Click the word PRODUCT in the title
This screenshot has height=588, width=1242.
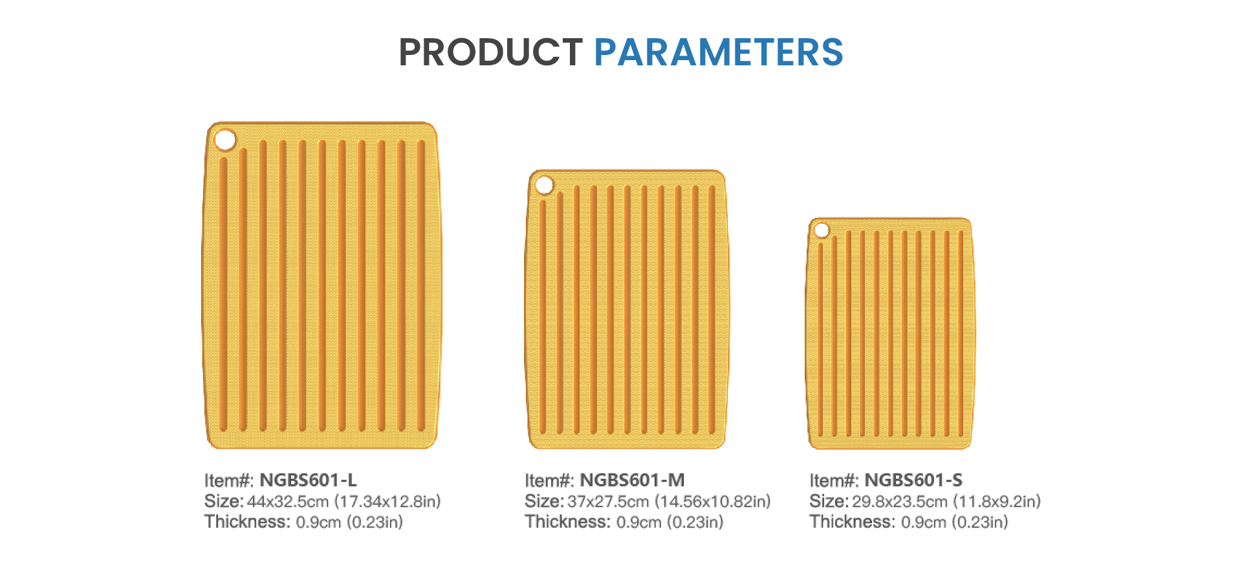490,52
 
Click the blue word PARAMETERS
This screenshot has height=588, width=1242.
719,52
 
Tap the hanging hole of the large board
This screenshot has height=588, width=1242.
225,140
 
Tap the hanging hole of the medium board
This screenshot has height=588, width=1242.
545,185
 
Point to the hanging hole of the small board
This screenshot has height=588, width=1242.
822,230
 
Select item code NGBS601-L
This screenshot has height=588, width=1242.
308,480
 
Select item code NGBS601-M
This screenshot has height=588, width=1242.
632,480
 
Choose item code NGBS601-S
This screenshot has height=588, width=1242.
913,480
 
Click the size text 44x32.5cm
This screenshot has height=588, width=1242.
288,501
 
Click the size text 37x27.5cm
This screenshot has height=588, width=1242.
608,501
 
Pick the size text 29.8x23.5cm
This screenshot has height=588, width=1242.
900,501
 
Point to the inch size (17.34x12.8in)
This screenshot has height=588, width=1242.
387,501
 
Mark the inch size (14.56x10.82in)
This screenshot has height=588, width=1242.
713,501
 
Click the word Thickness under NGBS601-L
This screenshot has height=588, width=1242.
247,522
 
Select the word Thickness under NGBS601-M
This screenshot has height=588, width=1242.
567,522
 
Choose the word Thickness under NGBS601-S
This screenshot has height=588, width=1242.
853,522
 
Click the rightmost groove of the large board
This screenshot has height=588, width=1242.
421,285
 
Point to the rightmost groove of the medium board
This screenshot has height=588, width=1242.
712,309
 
